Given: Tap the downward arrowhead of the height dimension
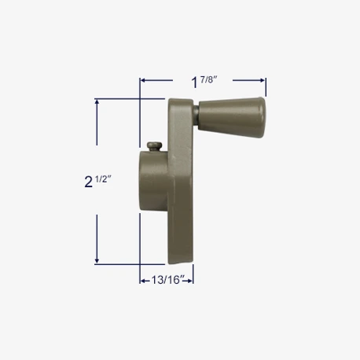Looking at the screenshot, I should (97, 260).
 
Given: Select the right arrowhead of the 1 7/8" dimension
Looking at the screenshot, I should (262, 79).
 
